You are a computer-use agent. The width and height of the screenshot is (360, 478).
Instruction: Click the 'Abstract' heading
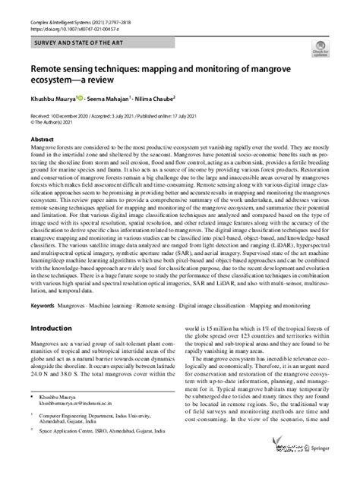point(41,140)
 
